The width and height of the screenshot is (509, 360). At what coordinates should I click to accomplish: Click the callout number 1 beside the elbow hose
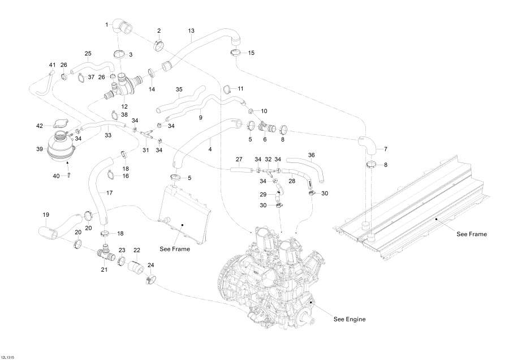pyautogui.click(x=106, y=24)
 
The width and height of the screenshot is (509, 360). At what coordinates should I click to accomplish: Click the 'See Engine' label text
pyautogui.click(x=349, y=319)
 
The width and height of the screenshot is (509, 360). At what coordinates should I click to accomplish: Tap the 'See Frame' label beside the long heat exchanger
pyautogui.click(x=471, y=234)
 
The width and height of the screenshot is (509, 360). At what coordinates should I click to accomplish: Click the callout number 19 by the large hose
pyautogui.click(x=46, y=215)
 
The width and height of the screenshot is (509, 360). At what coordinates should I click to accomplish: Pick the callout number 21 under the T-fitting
pyautogui.click(x=104, y=269)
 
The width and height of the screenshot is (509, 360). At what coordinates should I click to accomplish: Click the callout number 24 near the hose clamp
pyautogui.click(x=150, y=265)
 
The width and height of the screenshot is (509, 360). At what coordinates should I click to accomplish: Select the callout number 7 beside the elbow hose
pyautogui.click(x=386, y=149)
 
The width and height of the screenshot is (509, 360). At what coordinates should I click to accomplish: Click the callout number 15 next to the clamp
pyautogui.click(x=251, y=53)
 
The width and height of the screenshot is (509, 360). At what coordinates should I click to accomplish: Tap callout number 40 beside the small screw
pyautogui.click(x=56, y=177)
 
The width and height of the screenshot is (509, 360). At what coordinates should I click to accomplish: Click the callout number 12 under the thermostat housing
pyautogui.click(x=124, y=106)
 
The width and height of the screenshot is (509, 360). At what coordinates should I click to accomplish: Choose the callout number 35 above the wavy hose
pyautogui.click(x=179, y=89)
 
